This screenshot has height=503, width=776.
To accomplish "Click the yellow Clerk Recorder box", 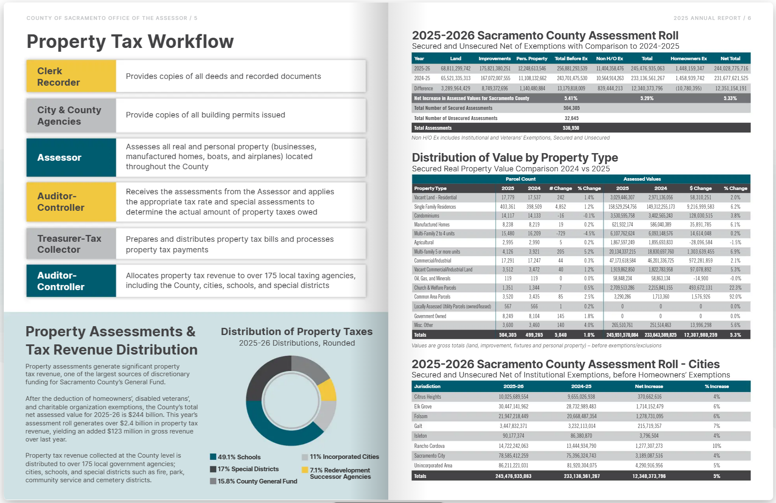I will (x=71, y=76).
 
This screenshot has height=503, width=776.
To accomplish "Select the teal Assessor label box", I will (x=71, y=157).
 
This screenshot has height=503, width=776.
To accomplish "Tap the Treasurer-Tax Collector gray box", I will (x=71, y=244).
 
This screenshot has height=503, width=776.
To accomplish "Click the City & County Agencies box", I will (x=71, y=115).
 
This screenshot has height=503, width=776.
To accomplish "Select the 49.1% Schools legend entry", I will (x=236, y=457).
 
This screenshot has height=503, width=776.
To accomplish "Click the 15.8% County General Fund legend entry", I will (x=254, y=481).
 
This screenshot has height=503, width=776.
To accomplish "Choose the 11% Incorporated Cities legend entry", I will (x=340, y=457).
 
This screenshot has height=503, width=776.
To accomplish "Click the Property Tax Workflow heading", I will (x=130, y=42).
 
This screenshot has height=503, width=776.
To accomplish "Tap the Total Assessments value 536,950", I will (x=571, y=128).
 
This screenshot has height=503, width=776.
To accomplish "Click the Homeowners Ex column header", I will (x=689, y=59).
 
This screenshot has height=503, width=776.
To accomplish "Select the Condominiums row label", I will (x=427, y=215).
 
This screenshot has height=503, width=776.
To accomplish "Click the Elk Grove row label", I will (x=423, y=406).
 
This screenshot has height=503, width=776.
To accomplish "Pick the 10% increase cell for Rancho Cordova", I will (x=717, y=446).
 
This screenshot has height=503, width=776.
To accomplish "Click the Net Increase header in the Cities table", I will (x=649, y=386).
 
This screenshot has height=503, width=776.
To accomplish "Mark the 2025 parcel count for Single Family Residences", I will (x=508, y=207).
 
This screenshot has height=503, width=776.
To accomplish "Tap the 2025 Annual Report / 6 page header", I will (x=712, y=18).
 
